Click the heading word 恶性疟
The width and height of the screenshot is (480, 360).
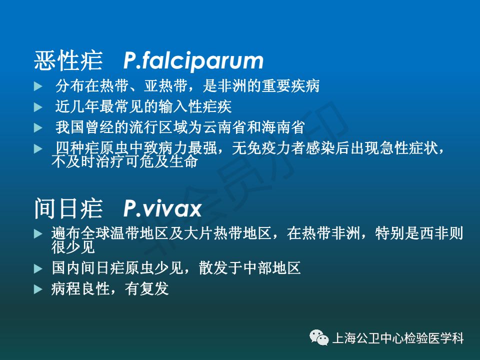(68, 60)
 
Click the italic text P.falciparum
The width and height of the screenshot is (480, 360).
(193, 61)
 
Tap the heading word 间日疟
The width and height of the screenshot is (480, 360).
(68, 208)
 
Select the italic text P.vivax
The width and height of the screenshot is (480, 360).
(162, 209)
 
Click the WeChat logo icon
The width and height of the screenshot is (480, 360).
(319, 337)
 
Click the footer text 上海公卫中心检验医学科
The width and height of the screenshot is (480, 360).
(398, 338)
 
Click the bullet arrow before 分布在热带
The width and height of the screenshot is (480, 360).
(38, 86)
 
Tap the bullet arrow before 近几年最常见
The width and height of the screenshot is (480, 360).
(38, 107)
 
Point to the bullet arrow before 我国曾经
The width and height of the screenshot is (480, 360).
(38, 127)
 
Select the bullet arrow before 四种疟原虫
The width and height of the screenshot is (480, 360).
(38, 149)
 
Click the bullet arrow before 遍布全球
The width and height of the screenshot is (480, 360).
(38, 234)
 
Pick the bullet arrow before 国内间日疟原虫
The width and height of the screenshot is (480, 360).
(38, 269)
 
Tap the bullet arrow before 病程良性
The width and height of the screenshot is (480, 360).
(38, 289)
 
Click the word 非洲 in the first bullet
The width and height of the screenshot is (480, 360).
(232, 85)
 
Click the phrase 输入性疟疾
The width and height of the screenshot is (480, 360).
(195, 106)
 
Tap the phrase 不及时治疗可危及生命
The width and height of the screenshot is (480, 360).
(125, 161)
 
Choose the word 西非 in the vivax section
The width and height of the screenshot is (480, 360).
(434, 233)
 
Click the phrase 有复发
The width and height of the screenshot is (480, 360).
(147, 288)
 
